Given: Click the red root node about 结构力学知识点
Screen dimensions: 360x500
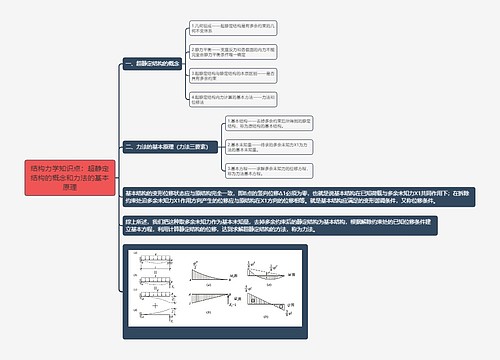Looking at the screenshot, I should pyautogui.click(x=62, y=176).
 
